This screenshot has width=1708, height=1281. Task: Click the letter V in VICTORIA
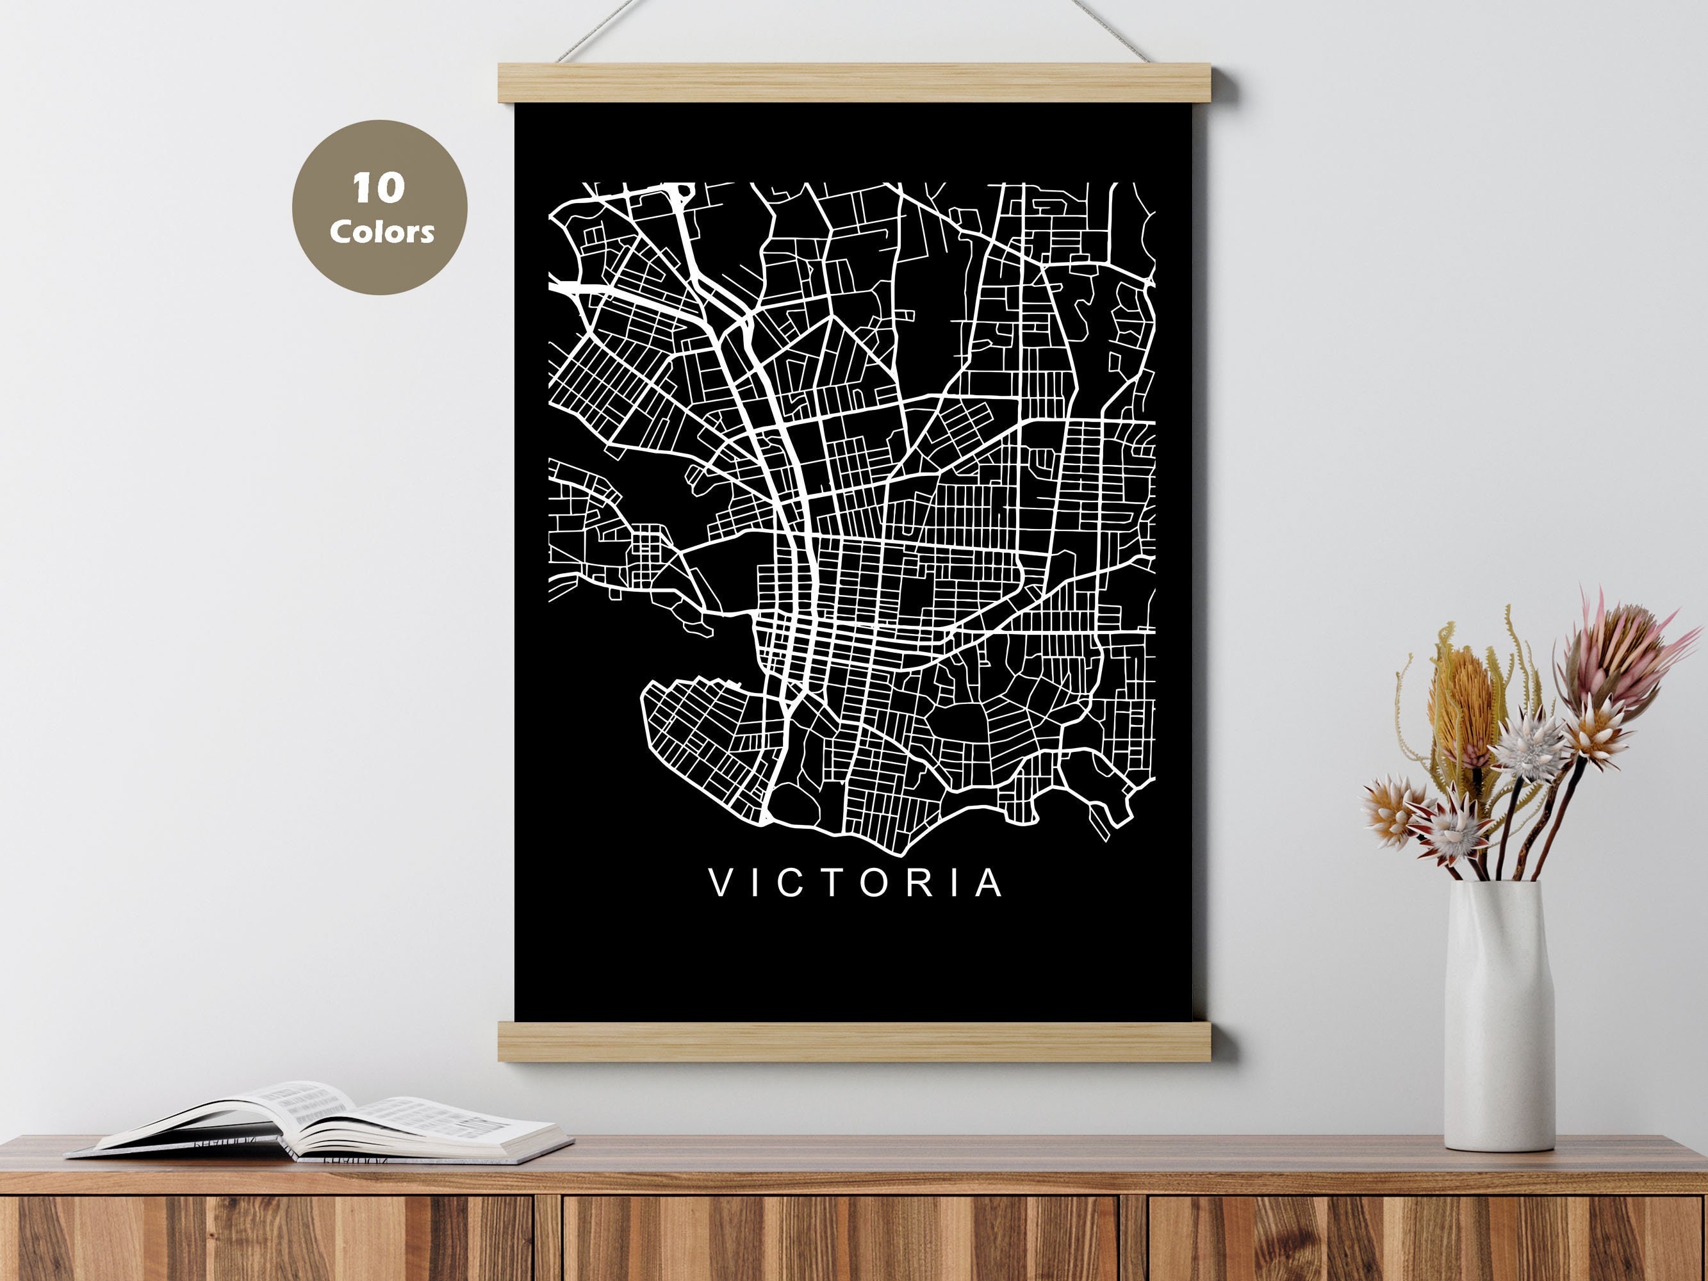[x=720, y=883]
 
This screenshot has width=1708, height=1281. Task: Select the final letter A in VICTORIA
[x=988, y=883]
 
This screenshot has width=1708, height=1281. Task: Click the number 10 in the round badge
[x=379, y=188]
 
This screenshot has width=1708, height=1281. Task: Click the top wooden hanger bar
[x=865, y=83]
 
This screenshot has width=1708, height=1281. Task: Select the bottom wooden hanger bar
[x=865, y=1042]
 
